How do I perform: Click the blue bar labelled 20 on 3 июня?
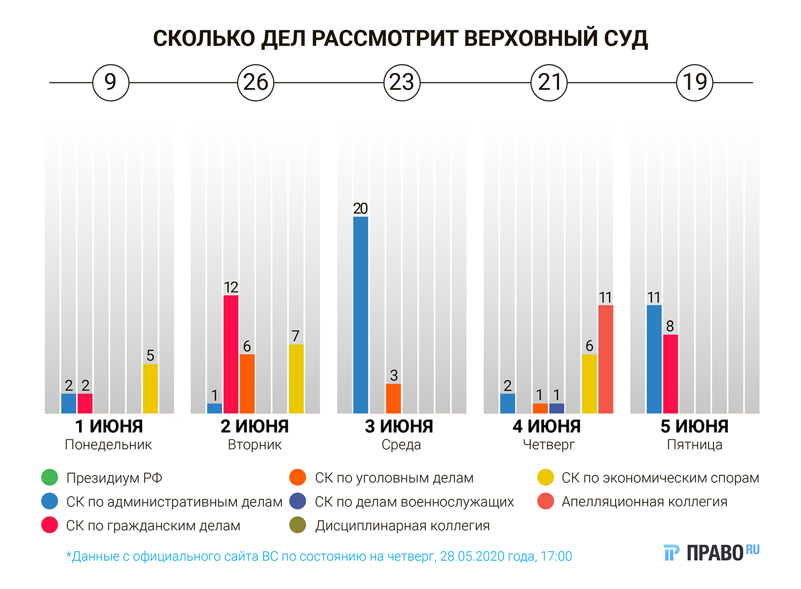point(360,315)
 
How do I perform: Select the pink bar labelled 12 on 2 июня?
point(231,354)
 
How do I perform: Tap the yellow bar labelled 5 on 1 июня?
point(150,389)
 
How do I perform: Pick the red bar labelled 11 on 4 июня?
point(606,359)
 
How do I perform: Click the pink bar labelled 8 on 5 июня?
point(671,374)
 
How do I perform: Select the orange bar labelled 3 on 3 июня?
point(394,398)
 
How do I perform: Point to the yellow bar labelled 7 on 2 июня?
point(296,379)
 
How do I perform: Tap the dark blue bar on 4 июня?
point(556,409)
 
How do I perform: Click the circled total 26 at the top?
point(255,83)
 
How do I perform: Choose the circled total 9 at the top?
point(111,83)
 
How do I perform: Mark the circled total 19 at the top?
point(695,83)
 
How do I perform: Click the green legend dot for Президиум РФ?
point(50,477)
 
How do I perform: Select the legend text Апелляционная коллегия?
point(644,502)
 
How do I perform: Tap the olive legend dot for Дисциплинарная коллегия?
point(297,525)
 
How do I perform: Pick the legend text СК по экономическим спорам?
point(660,478)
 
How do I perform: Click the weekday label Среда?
point(401,445)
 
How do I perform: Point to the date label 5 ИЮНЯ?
point(694,427)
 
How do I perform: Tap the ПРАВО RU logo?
point(711,552)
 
